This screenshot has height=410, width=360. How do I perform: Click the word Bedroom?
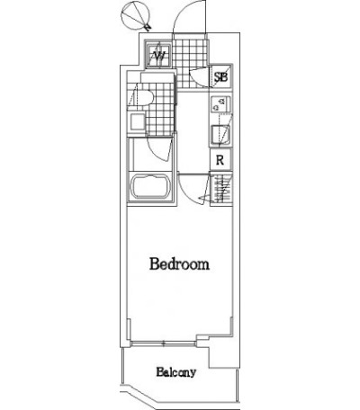tap(179, 263)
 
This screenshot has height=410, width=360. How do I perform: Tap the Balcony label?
tap(176, 372)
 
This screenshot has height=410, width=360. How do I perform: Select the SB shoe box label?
tap(220, 77)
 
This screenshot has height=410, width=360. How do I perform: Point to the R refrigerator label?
tap(220, 160)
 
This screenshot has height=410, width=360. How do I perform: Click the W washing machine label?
tap(158, 55)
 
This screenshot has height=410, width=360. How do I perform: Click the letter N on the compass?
tap(148, 27)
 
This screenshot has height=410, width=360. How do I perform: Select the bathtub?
tap(150, 187)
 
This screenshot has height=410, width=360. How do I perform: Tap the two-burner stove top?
tap(220, 104)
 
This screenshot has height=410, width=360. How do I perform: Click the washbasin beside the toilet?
tap(137, 122)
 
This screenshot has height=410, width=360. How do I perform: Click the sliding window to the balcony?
tap(164, 343)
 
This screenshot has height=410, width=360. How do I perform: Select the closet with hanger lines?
tap(221, 188)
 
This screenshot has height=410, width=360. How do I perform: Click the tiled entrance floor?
tap(190, 64)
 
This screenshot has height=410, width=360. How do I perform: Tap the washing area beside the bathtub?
tap(150, 155)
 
